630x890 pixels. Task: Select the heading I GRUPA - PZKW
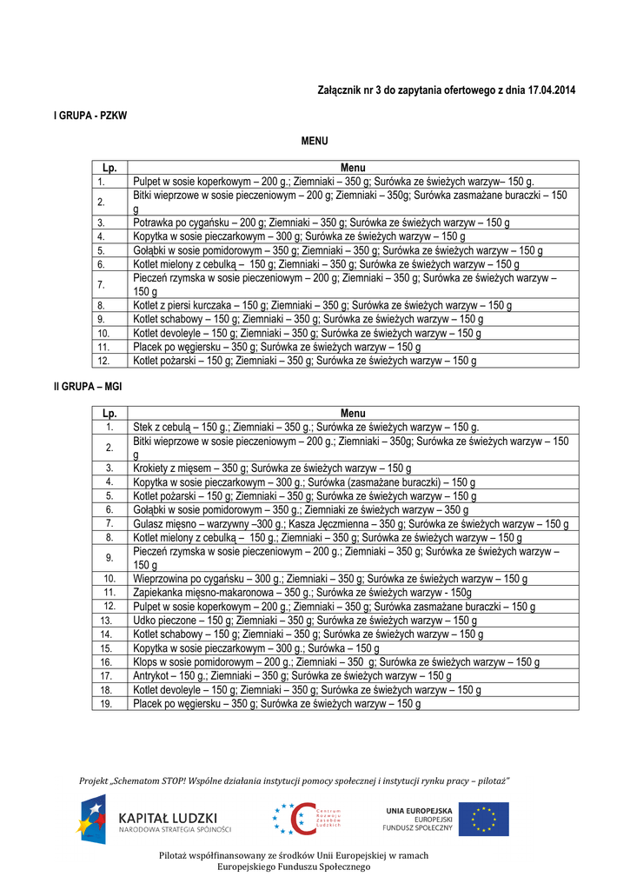point(91,116)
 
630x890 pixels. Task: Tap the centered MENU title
point(315,141)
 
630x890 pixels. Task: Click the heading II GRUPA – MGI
point(88,386)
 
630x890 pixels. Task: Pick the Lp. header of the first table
point(109,168)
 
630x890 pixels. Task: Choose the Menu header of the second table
point(353,414)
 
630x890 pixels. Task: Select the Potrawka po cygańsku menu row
point(322,222)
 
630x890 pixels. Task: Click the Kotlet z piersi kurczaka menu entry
point(322,306)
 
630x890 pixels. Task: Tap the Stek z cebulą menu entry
point(306,428)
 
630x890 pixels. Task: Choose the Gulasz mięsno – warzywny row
point(351,524)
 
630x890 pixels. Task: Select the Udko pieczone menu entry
point(305,621)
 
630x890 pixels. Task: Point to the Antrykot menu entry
point(293,675)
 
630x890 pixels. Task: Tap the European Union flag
point(484,819)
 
